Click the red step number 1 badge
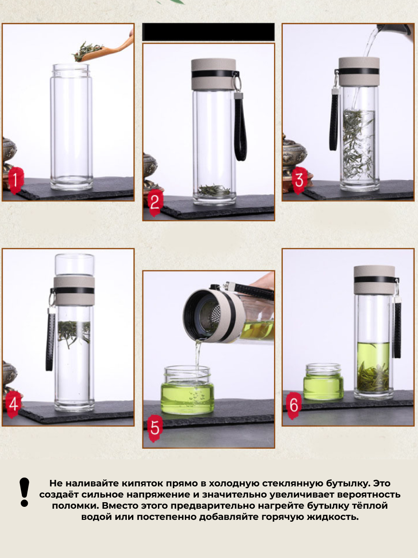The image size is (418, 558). [16, 180]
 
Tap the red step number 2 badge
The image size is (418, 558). [155, 203]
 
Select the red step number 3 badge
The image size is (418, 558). [299, 180]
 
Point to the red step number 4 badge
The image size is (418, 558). [13, 404]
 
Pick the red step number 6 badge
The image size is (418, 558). [294, 405]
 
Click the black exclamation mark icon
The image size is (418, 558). [24, 492]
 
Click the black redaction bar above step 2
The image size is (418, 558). [209, 32]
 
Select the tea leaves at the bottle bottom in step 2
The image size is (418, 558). [214, 190]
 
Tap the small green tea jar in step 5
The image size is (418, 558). [187, 390]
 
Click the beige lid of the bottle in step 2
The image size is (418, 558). [214, 74]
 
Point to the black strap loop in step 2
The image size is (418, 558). [240, 127]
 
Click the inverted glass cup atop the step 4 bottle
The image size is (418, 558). [75, 265]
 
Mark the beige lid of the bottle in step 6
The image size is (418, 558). [374, 280]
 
